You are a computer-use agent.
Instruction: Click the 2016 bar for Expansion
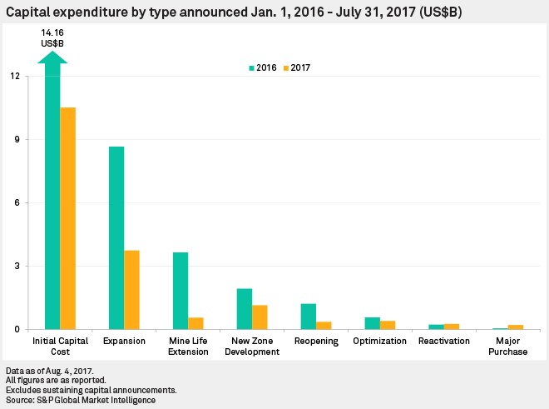click(x=116, y=237)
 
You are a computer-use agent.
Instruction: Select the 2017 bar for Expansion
click(x=131, y=289)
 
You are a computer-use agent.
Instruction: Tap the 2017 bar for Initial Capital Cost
click(x=67, y=218)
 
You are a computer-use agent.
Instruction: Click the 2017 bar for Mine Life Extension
click(x=195, y=323)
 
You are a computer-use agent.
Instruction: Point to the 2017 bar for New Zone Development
click(x=260, y=317)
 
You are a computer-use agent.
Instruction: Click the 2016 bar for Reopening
click(x=309, y=316)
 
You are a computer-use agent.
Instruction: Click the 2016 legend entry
click(x=261, y=67)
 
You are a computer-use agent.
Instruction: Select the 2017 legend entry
click(x=298, y=67)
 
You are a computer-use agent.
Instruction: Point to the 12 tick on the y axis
click(x=14, y=76)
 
